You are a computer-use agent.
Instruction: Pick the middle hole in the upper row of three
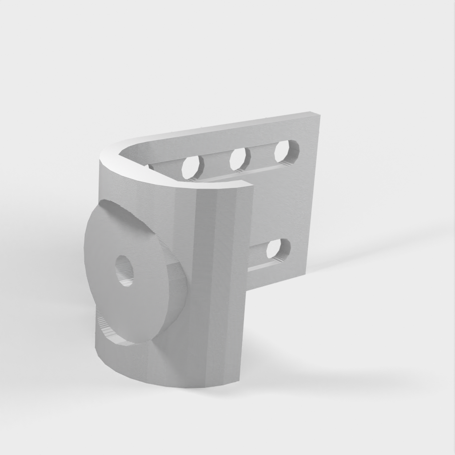tap(239, 158)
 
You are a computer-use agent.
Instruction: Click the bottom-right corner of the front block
tap(239, 380)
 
